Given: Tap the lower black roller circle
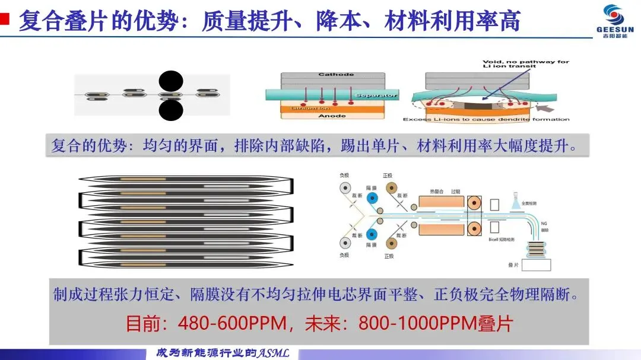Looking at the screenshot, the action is pyautogui.click(x=171, y=110).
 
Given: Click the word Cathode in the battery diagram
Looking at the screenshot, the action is pyautogui.click(x=336, y=75).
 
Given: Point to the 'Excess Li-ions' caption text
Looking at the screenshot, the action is pyautogui.click(x=486, y=119).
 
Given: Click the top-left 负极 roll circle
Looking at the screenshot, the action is pyautogui.click(x=345, y=189).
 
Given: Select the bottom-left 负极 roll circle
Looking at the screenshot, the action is pyautogui.click(x=345, y=242).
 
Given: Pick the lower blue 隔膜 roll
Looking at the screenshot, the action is pyautogui.click(x=372, y=233).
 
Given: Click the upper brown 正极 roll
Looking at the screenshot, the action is pyautogui.click(x=392, y=189).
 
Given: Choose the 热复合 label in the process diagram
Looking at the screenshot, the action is pyautogui.click(x=437, y=192).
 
